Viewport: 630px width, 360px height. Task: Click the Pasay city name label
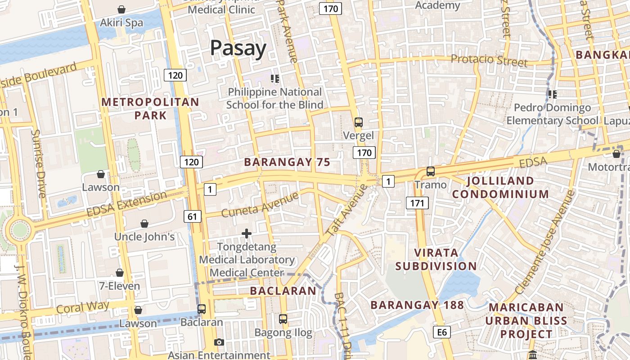pyautogui.click(x=238, y=48)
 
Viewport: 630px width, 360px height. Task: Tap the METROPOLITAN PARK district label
pyautogui.click(x=150, y=108)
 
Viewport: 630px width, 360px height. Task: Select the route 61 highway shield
pyautogui.click(x=192, y=216)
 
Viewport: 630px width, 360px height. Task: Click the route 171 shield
pyautogui.click(x=417, y=203)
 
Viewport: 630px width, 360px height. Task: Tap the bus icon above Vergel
pyautogui.click(x=359, y=122)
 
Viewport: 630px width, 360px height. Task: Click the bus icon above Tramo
pyautogui.click(x=431, y=171)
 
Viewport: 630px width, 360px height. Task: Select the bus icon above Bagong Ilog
pyautogui.click(x=283, y=319)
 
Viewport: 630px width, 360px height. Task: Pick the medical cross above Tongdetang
pyautogui.click(x=247, y=234)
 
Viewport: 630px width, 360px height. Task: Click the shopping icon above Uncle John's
pyautogui.click(x=144, y=224)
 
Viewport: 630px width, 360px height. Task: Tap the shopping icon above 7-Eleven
pyautogui.click(x=120, y=273)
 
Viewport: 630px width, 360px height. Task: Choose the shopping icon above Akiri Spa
pyautogui.click(x=121, y=9)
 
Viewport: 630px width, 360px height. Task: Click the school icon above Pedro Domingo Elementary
pyautogui.click(x=553, y=94)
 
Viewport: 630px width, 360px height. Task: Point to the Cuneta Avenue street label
pyautogui.click(x=260, y=204)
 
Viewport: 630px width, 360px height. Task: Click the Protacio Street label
pyautogui.click(x=489, y=60)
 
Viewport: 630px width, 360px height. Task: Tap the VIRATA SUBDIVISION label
pyautogui.click(x=436, y=259)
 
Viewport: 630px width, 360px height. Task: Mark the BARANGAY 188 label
pyautogui.click(x=417, y=305)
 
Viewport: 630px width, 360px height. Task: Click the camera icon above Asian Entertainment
pyautogui.click(x=219, y=342)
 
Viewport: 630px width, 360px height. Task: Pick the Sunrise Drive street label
pyautogui.click(x=39, y=164)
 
